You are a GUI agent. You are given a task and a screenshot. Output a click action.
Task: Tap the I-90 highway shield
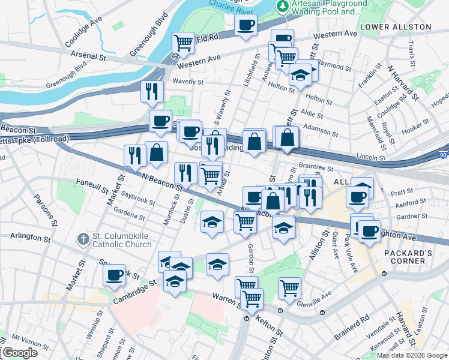tap(444, 154)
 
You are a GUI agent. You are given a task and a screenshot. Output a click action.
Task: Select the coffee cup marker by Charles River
tap(245, 25)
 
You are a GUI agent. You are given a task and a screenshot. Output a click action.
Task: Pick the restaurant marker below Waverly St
tap(152, 91)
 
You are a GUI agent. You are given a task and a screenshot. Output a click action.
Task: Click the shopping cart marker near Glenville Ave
tap(289, 287)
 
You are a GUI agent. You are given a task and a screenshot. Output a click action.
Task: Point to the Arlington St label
tap(30, 237)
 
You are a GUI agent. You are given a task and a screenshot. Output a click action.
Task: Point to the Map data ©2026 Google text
tap(412, 355)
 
